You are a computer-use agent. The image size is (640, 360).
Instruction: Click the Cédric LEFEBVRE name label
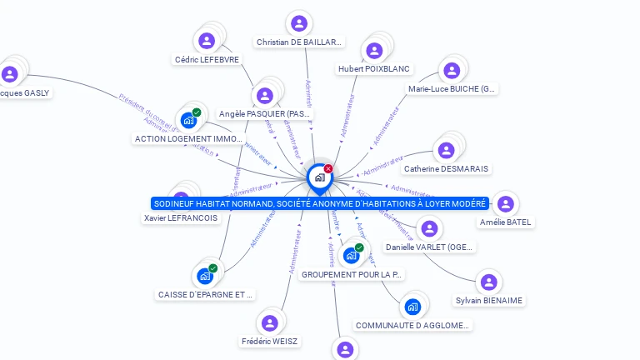coord(207,59)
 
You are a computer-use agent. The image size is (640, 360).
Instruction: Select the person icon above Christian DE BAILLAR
coord(299,23)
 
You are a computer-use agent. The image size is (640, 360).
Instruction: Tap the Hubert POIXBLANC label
coord(374,68)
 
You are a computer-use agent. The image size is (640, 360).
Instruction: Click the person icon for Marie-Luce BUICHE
coord(452,71)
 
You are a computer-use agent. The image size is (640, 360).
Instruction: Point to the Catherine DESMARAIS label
coord(446,168)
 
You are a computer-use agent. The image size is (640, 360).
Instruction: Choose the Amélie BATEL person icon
coord(505,204)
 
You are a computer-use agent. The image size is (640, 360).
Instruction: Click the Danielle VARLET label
coord(430,247)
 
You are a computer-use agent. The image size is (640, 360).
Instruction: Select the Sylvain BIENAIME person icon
coord(489,282)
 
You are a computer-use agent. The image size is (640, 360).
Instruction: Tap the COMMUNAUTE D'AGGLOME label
coord(413,325)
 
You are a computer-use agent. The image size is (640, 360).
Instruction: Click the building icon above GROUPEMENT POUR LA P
coord(351,255)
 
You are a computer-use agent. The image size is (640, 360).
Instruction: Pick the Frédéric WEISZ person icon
coord(269,323)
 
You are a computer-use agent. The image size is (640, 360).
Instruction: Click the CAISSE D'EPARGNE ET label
coord(206,294)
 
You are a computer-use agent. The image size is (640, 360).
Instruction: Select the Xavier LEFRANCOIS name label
coord(181,217)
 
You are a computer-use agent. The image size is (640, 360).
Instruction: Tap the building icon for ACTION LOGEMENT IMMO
coord(188,120)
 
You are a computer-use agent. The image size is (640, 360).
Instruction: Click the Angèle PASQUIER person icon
coord(265,96)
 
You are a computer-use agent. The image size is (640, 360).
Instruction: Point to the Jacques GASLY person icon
coord(10,74)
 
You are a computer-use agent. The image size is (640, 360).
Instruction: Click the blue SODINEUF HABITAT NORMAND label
coord(320,203)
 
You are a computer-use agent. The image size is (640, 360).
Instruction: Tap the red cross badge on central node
coord(328,169)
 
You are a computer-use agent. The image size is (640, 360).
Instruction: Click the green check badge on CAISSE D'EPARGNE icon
coord(213,268)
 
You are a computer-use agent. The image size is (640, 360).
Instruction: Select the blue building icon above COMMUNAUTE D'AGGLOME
coord(412,307)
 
